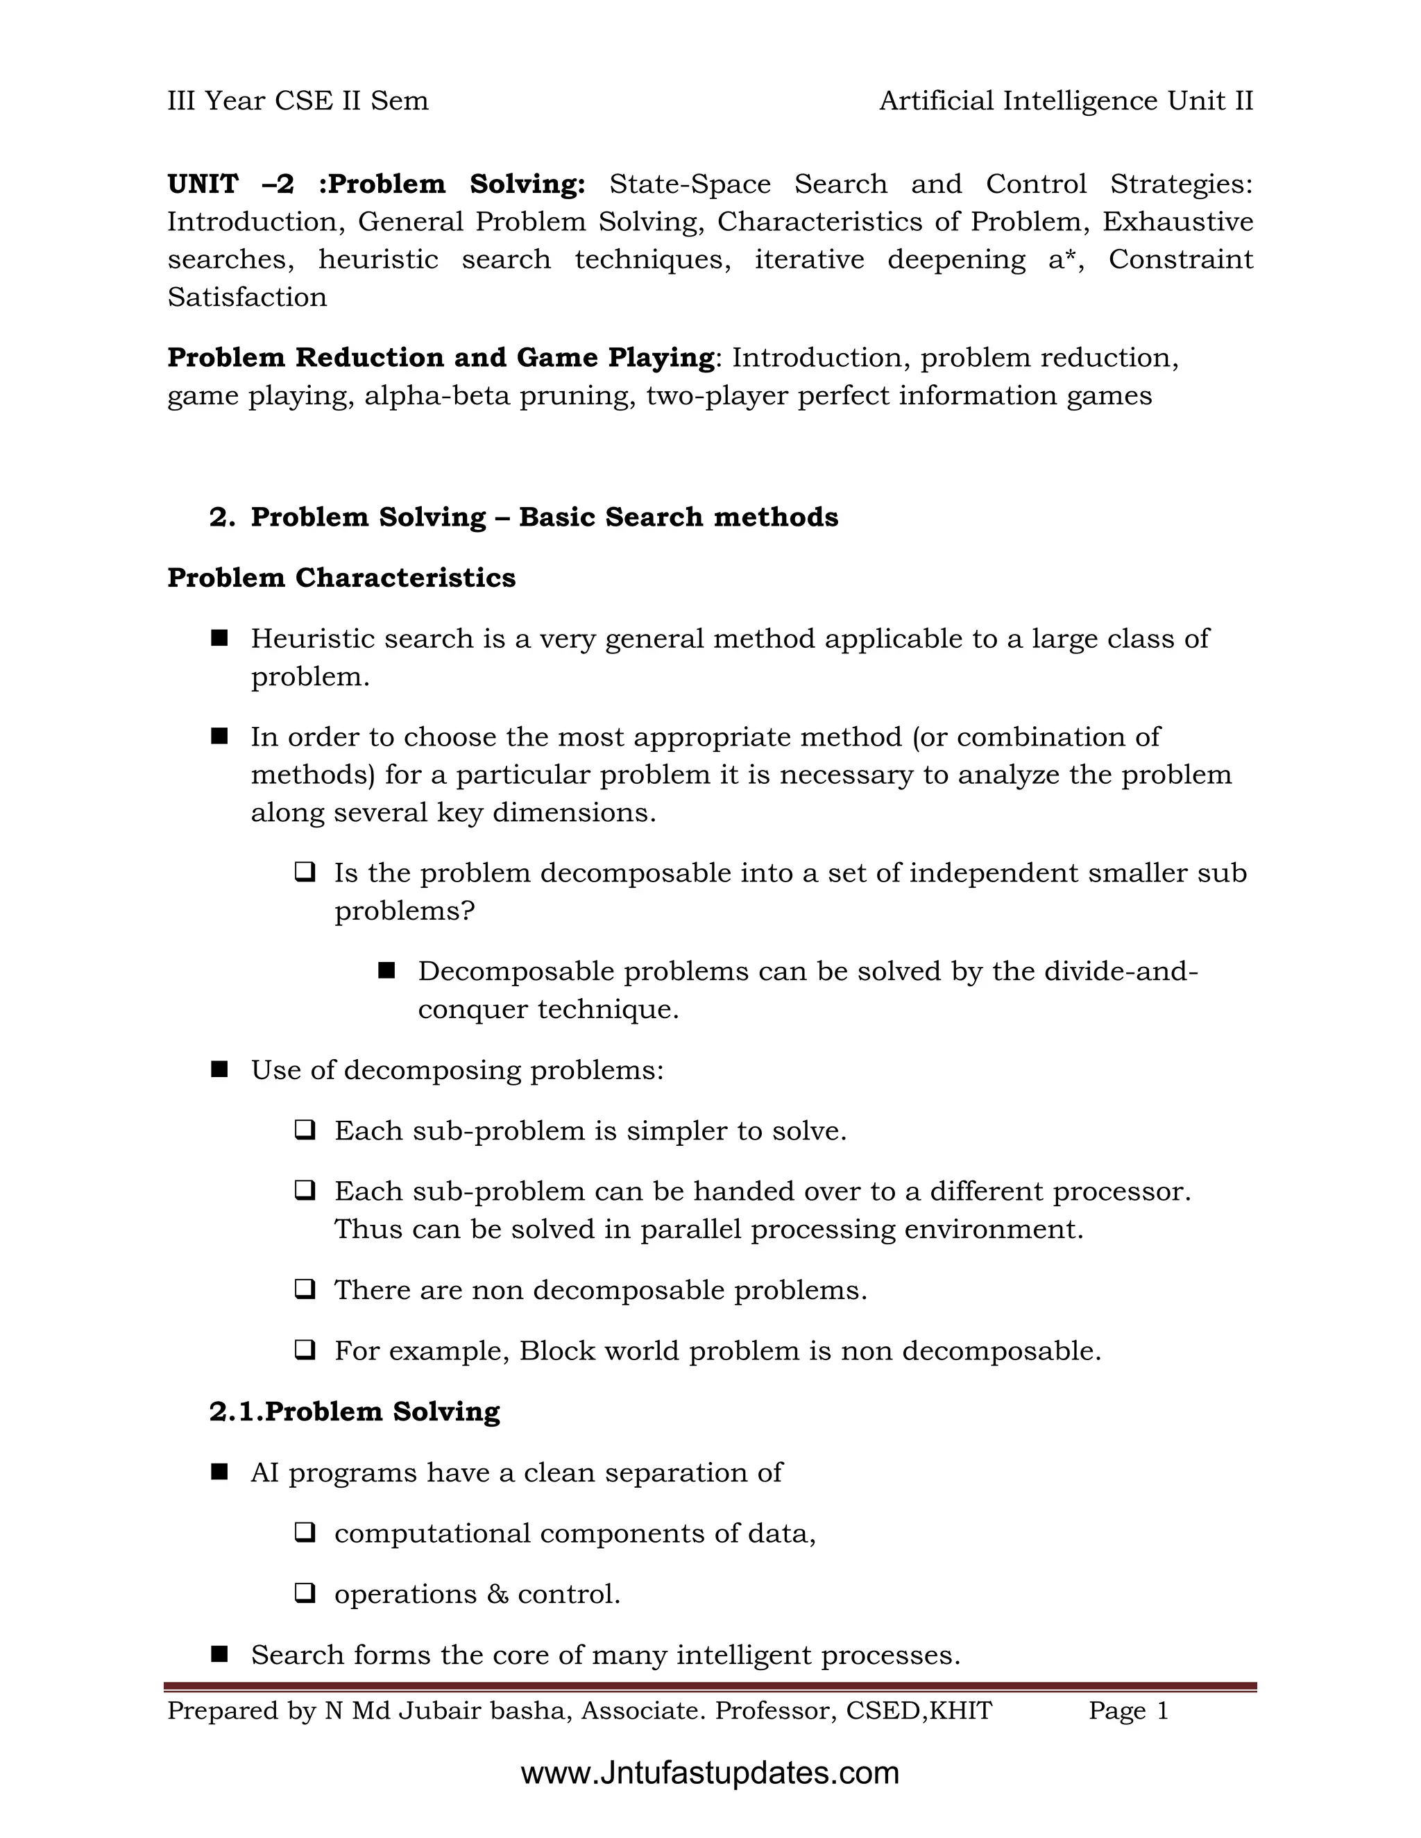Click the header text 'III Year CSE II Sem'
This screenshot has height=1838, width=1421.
click(297, 101)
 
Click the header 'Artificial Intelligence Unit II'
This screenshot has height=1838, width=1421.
click(1066, 101)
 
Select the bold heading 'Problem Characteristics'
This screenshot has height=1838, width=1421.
click(341, 578)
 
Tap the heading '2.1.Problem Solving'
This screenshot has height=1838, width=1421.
click(355, 1411)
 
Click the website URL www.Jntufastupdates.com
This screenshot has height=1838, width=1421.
click(710, 1772)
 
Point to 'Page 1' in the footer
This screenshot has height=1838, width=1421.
click(1128, 1710)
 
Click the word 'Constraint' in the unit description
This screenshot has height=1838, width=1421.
click(1180, 259)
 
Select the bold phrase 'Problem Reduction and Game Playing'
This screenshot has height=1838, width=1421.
click(441, 358)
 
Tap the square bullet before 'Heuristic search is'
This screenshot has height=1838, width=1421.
click(220, 639)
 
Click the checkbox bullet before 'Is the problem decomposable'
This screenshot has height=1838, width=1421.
click(305, 872)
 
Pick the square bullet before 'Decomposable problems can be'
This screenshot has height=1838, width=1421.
click(386, 971)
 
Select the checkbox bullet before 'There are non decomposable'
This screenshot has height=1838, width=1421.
click(305, 1289)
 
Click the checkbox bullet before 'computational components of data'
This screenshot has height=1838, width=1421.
click(305, 1533)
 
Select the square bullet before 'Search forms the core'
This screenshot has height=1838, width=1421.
click(220, 1654)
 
